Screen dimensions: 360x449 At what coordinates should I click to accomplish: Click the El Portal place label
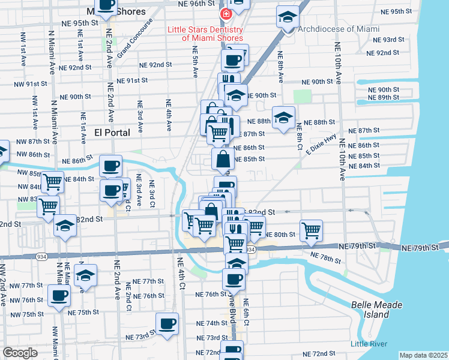[112, 133]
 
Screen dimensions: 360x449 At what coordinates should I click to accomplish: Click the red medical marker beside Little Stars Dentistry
[226, 14]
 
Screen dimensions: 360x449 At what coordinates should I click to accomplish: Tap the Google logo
[20, 353]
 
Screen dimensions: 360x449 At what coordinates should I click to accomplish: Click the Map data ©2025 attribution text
[423, 355]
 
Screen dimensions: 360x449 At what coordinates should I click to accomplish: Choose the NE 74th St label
[208, 323]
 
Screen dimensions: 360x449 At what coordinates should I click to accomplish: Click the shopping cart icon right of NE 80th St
[311, 230]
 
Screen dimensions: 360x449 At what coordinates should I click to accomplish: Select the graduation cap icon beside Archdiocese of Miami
[288, 17]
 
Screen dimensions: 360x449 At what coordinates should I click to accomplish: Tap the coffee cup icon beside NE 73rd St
[167, 323]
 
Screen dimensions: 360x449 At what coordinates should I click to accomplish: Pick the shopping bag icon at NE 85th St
[223, 160]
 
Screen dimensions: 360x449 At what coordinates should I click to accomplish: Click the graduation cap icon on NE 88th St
[283, 117]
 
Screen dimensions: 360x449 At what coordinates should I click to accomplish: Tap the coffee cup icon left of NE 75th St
[59, 295]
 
